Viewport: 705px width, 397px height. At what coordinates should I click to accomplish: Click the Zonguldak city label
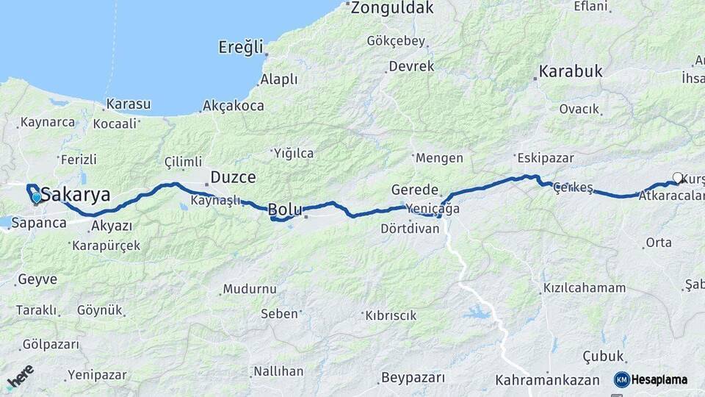coord(392,8)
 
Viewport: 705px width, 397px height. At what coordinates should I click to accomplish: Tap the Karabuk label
coord(571,71)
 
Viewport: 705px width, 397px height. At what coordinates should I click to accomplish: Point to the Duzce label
coord(233,177)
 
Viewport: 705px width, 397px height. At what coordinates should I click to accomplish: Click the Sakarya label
coord(76,195)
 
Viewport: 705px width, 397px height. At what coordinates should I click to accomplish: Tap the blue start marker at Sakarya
coord(36,197)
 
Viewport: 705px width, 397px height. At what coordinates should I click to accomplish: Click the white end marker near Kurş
coord(677,177)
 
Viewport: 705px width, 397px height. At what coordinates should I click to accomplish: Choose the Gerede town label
coord(415,190)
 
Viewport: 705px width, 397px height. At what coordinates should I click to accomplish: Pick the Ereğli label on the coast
coord(240,48)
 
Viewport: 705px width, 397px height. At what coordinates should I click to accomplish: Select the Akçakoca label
coord(233,106)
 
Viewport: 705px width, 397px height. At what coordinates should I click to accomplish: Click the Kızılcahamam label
coord(585,288)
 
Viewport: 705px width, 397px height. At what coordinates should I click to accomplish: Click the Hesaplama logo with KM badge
coord(651,379)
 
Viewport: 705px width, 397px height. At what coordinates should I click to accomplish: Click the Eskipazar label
coord(545,157)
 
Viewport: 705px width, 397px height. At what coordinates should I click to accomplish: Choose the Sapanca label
coord(39,223)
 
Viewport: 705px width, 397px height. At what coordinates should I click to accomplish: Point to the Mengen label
coord(439,158)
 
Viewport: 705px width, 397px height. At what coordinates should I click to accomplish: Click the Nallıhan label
coord(278,371)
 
